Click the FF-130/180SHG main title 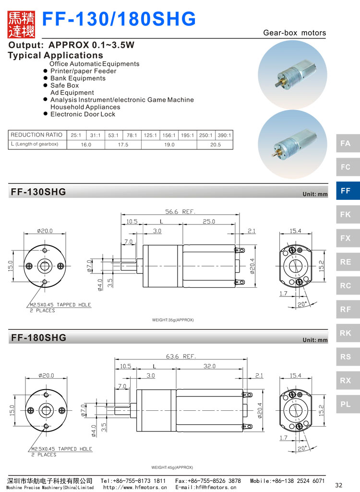[120, 19]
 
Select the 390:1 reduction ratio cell [224, 135]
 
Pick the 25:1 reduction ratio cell [76, 135]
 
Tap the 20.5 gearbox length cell [215, 144]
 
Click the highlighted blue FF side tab [346, 191]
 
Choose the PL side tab [346, 404]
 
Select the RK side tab [346, 333]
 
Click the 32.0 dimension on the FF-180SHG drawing [209, 366]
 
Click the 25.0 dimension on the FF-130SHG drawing [209, 221]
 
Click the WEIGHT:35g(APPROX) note [173, 320]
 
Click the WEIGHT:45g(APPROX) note [172, 467]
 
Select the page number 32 [338, 484]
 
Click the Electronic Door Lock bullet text [83, 114]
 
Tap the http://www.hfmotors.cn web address [135, 487]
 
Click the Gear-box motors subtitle [294, 33]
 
